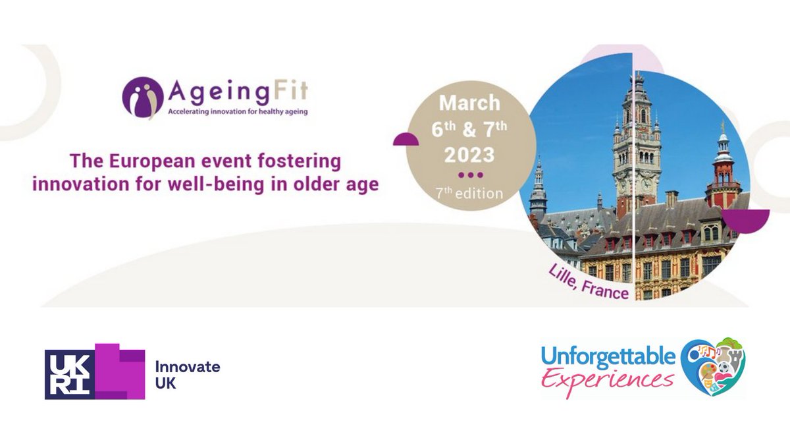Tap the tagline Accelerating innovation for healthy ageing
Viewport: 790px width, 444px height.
click(x=228, y=111)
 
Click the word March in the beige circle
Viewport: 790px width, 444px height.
click(x=469, y=103)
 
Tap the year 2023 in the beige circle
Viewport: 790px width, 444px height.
click(x=469, y=154)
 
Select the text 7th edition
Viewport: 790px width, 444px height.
click(x=470, y=194)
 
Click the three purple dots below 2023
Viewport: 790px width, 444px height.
click(x=470, y=175)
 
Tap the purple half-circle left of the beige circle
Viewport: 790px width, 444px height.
click(x=406, y=139)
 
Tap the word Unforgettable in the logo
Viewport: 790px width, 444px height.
click(x=608, y=356)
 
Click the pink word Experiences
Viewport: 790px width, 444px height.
click(x=608, y=379)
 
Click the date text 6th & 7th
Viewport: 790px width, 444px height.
click(x=469, y=129)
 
